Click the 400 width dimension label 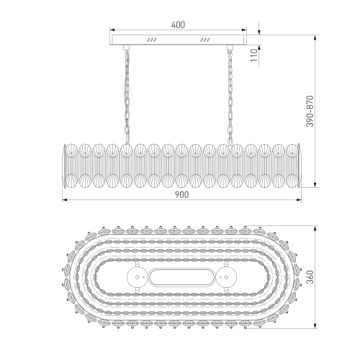pyautogui.click(x=179, y=24)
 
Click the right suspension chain pyautogui.click(x=232, y=94)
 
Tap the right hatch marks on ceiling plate pyautogui.click(x=206, y=40)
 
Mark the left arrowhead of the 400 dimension pyautogui.click(x=110, y=30)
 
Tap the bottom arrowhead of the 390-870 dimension pyautogui.click(x=317, y=186)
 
